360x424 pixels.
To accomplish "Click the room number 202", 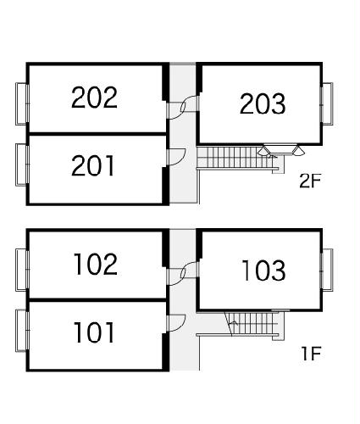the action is coord(94,98).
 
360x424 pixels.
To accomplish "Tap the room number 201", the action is coord(93,166).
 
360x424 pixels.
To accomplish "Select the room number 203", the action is coord(263,103).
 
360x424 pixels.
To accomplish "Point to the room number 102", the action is coord(96,264).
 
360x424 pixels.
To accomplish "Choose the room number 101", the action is coord(94,332).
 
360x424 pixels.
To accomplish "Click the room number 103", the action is coord(263,271).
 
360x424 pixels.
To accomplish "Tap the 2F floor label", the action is coord(310,181).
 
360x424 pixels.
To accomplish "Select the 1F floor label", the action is coord(311,354).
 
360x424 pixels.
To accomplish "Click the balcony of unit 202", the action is coord(22,103).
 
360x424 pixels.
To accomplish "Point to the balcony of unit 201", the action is coord(22,165).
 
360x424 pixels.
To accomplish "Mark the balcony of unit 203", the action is coord(327,103).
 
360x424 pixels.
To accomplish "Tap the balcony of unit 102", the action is coord(22,270).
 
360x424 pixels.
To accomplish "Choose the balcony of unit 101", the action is coord(22,331).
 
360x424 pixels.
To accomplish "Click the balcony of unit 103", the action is coord(327,270).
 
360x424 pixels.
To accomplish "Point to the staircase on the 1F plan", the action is coord(254,324).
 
